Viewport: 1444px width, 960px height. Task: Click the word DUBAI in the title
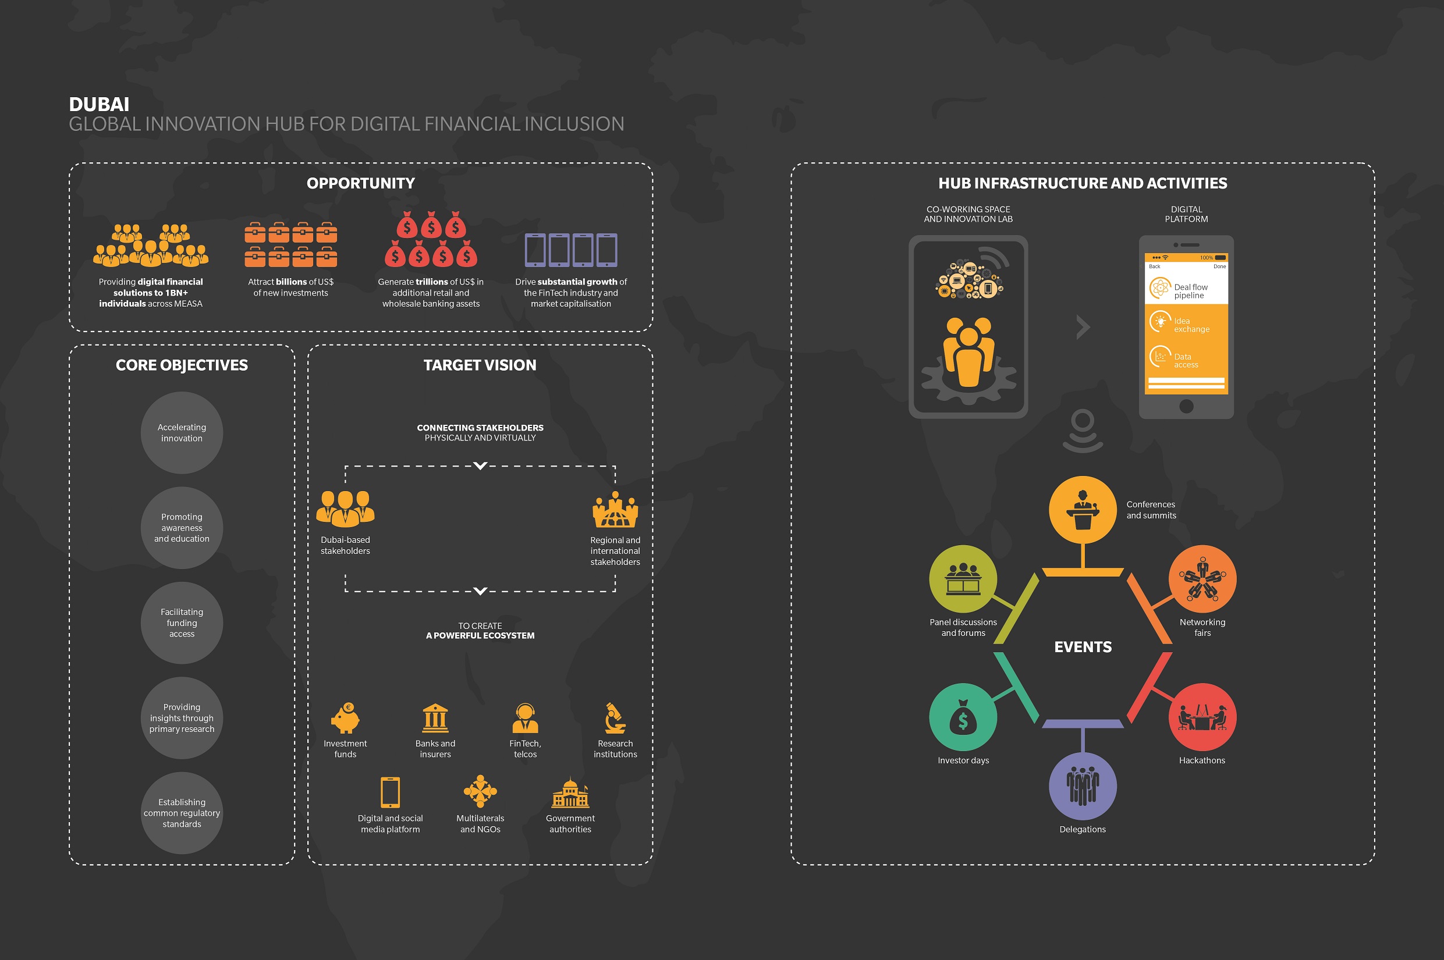click(x=98, y=105)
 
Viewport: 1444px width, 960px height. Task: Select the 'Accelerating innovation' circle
click(x=182, y=433)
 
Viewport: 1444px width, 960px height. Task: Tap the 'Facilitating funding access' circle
click(x=182, y=623)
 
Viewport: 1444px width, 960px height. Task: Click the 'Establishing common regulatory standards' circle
click(x=182, y=813)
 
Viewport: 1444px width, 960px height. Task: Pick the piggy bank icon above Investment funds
click(x=345, y=717)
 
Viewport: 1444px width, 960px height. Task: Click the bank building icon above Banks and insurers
click(x=435, y=717)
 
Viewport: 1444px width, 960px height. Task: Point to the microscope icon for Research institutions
click(x=615, y=717)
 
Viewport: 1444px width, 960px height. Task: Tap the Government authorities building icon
click(x=570, y=792)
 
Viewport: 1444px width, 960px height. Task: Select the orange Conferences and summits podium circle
click(x=1083, y=510)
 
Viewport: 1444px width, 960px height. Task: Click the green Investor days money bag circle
click(x=963, y=717)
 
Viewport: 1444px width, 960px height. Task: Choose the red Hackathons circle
click(x=1202, y=717)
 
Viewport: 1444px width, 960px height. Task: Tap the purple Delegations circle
click(x=1083, y=786)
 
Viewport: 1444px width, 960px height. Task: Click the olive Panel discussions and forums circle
click(x=963, y=579)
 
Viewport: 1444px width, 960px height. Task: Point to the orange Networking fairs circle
click(x=1202, y=579)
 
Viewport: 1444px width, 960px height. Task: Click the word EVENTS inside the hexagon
click(x=1083, y=647)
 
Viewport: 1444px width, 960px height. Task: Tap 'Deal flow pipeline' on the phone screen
click(x=1190, y=291)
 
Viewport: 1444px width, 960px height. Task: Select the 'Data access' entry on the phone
click(x=1186, y=361)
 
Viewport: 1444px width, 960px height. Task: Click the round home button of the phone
click(x=1186, y=406)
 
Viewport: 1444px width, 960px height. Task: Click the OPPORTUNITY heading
click(x=361, y=183)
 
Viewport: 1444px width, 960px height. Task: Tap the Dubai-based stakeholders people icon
click(x=345, y=509)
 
